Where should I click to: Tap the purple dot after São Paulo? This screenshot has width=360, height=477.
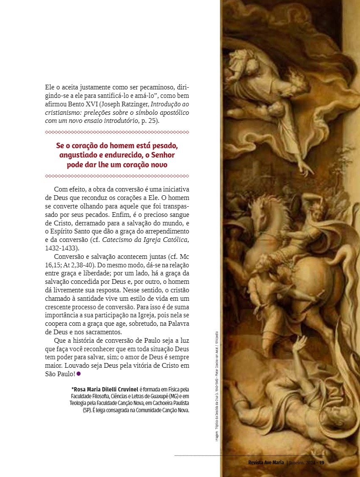click(79, 374)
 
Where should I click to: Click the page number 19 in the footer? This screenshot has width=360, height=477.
click(321, 463)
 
